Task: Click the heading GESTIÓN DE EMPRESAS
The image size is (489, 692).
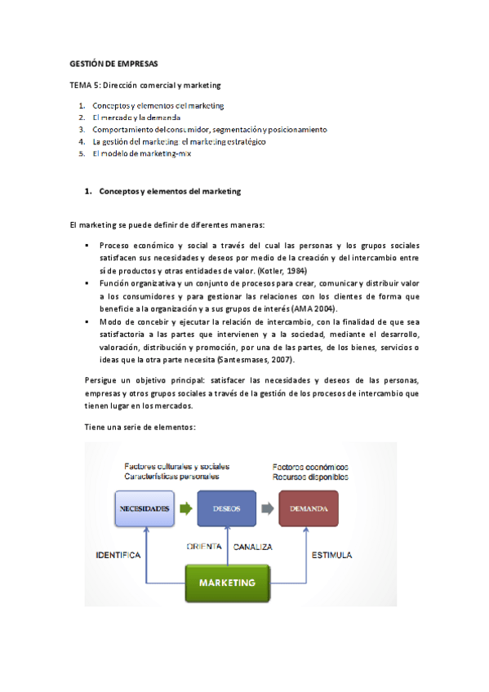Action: (113, 63)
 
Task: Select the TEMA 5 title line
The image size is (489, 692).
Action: (145, 85)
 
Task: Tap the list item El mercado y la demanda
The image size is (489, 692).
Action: (136, 118)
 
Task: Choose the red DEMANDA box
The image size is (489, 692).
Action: (307, 508)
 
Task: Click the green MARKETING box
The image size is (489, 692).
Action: (226, 583)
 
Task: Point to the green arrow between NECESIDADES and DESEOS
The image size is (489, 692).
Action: (185, 508)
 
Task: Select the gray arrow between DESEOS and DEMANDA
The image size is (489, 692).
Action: (267, 508)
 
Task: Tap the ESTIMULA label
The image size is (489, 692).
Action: (331, 555)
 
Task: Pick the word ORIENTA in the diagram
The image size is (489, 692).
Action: (204, 546)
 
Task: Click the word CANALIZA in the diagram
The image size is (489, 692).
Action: (253, 546)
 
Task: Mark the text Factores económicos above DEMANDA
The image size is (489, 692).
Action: (309, 466)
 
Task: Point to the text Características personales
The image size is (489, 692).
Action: (171, 476)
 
